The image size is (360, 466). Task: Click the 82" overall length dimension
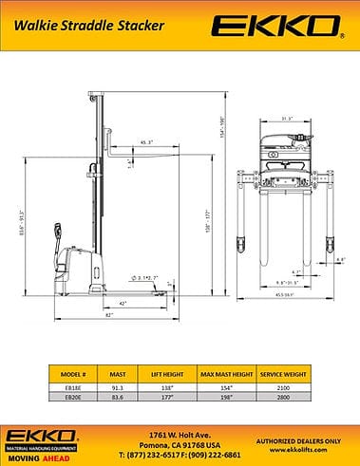point(110,313)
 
